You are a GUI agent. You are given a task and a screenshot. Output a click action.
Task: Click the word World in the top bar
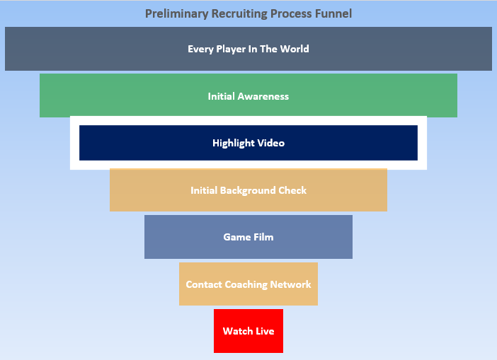tap(294, 49)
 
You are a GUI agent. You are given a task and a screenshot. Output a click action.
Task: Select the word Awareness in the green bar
tap(263, 96)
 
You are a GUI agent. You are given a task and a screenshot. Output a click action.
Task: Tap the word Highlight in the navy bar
tap(234, 143)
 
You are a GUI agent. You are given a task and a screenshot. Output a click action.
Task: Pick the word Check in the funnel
tap(292, 190)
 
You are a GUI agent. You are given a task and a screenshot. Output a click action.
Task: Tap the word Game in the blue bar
tap(236, 237)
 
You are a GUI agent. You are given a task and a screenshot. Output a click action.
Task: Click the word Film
tap(262, 237)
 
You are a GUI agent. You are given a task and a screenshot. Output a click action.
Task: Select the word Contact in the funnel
tap(203, 284)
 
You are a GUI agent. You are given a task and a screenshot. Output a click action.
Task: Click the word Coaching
tap(246, 284)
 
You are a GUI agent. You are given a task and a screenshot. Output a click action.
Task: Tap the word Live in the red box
tap(264, 331)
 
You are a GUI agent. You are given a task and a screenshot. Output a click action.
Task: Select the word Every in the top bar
tap(200, 49)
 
